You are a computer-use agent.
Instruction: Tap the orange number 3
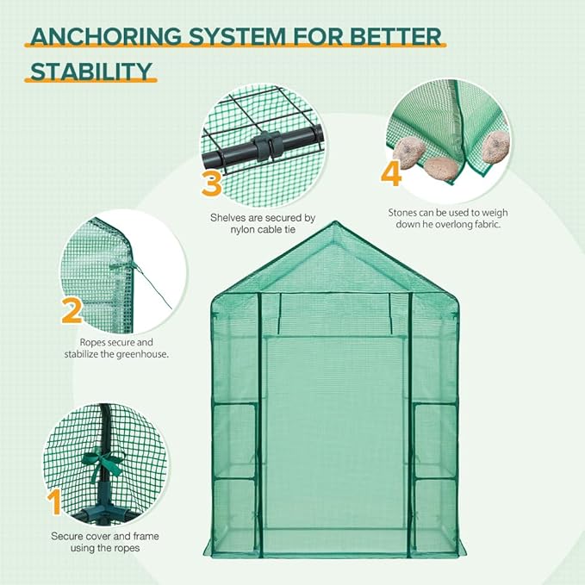(x=213, y=182)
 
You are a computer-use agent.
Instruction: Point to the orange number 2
(x=73, y=311)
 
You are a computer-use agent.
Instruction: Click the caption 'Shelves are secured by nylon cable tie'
(x=264, y=223)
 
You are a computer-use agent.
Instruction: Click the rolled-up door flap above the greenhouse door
(x=335, y=296)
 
